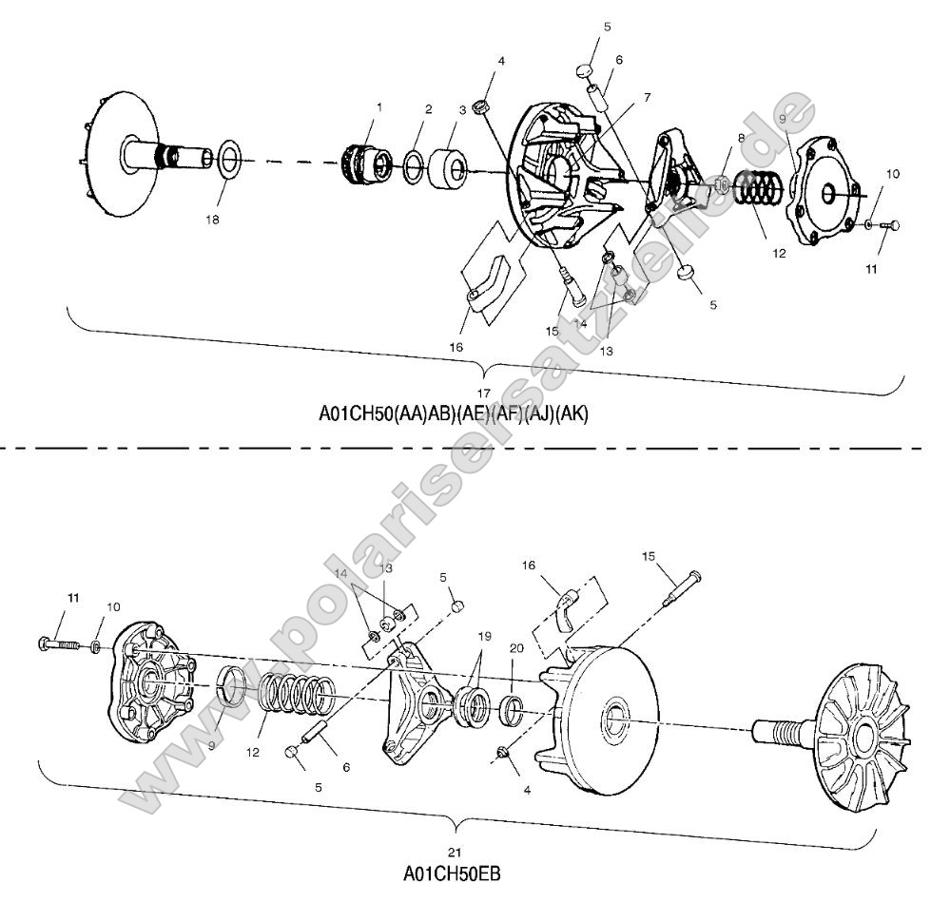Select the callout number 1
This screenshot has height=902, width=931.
[x=378, y=108]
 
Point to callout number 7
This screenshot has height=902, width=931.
[x=647, y=97]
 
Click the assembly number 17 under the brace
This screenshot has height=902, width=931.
[x=484, y=393]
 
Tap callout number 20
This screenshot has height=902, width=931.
[x=516, y=647]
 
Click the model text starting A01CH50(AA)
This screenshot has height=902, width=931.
[x=454, y=414]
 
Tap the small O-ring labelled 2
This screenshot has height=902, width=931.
[x=415, y=165]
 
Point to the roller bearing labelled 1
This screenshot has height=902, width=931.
[x=363, y=163]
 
